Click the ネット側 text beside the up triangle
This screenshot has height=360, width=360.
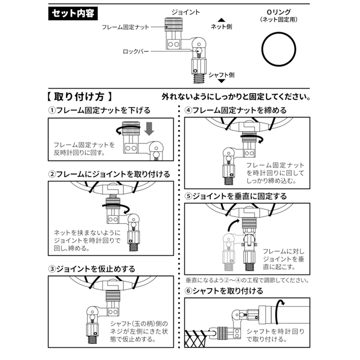pyautogui.click(x=222, y=26)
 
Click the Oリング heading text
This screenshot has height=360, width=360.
pyautogui.click(x=280, y=12)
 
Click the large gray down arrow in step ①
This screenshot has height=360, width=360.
pyautogui.click(x=149, y=129)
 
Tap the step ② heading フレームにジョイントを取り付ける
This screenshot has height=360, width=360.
pyautogui.click(x=109, y=174)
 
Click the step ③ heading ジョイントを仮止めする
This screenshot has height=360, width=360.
pyautogui.click(x=92, y=268)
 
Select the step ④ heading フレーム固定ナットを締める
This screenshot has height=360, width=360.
pyautogui.click(x=236, y=110)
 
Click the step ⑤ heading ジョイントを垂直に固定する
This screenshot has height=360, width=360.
pyautogui.click(x=236, y=196)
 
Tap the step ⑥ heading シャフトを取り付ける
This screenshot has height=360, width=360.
pyautogui.click(x=224, y=291)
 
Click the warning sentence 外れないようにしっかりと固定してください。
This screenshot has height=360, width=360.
pyautogui.click(x=236, y=97)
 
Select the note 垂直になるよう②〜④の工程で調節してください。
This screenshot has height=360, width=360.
pyautogui.click(x=247, y=281)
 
